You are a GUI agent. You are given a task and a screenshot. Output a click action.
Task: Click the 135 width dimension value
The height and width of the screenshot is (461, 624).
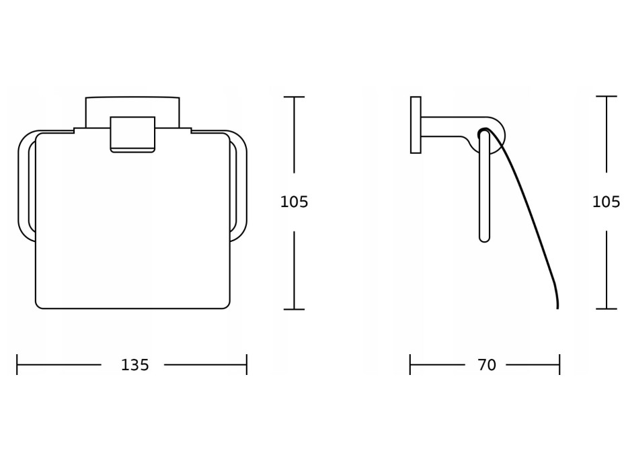pos(135,365)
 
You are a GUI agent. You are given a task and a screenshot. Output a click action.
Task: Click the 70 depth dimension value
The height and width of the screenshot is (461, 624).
pos(487,365)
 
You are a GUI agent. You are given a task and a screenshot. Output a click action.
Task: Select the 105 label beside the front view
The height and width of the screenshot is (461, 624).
pos(294,202)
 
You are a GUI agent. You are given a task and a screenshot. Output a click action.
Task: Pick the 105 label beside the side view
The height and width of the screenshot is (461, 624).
pos(606,202)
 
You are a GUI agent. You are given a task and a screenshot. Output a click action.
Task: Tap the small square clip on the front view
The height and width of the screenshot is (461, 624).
pos(132,134)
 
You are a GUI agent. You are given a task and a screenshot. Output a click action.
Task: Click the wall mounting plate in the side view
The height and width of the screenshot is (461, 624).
pos(416,124)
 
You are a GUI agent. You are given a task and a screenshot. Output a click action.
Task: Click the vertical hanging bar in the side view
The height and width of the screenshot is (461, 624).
pos(484,186)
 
